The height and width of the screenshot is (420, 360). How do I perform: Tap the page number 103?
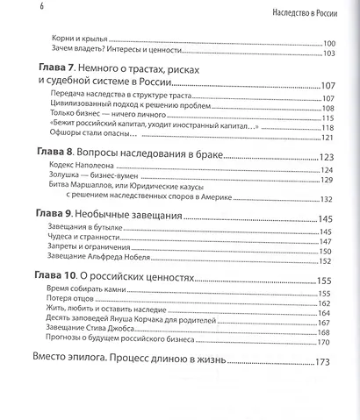tap(330, 53)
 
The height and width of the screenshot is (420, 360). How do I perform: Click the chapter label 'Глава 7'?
tap(55, 68)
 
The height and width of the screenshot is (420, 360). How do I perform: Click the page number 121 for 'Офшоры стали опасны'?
tap(330, 138)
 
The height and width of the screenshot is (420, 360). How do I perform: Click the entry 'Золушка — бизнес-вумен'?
tap(97, 180)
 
